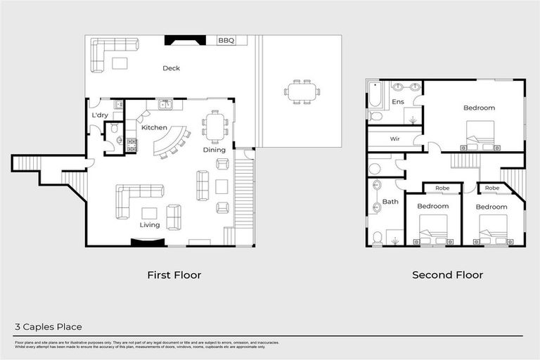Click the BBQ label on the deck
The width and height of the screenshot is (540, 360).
pyautogui.click(x=226, y=41)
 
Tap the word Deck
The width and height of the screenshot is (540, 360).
pyautogui.click(x=171, y=68)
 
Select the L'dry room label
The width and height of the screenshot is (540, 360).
pyautogui.click(x=100, y=115)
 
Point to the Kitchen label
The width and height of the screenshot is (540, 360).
pyautogui.click(x=154, y=128)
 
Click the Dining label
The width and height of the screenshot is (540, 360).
pyautogui.click(x=214, y=150)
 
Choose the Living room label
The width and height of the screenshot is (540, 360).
pyautogui.click(x=149, y=225)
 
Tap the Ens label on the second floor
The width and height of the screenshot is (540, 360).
pyautogui.click(x=398, y=103)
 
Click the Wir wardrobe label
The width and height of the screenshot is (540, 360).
pyautogui.click(x=394, y=139)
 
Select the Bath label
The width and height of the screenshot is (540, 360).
pyautogui.click(x=390, y=202)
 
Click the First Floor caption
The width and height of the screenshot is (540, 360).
pyautogui.click(x=174, y=275)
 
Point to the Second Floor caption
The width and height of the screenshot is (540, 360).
pyautogui.click(x=447, y=275)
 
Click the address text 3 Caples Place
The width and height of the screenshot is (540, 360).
pyautogui.click(x=49, y=327)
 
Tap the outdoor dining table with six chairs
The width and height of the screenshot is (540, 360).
pyautogui.click(x=302, y=91)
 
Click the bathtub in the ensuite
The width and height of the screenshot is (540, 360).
pyautogui.click(x=374, y=94)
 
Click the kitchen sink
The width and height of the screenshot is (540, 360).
pyautogui.click(x=167, y=105)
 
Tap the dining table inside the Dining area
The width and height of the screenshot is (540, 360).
pyautogui.click(x=215, y=127)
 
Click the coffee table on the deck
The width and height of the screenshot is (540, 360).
pyautogui.click(x=120, y=63)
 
